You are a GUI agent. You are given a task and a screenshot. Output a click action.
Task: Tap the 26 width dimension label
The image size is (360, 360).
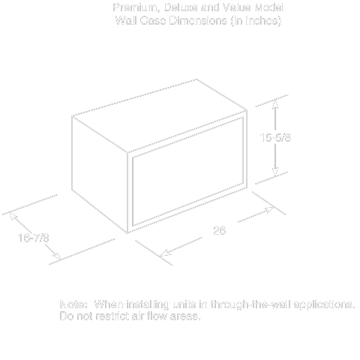[219, 230]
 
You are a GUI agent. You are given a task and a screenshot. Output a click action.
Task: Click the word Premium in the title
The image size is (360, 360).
[132, 7]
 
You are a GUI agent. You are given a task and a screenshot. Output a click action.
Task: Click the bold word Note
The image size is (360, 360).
[74, 305]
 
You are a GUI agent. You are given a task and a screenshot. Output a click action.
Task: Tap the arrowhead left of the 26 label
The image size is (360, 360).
[166, 251]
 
